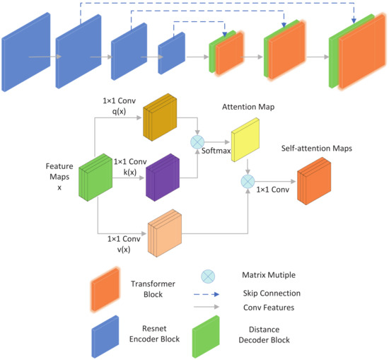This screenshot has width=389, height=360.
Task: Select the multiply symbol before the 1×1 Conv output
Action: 248,182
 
